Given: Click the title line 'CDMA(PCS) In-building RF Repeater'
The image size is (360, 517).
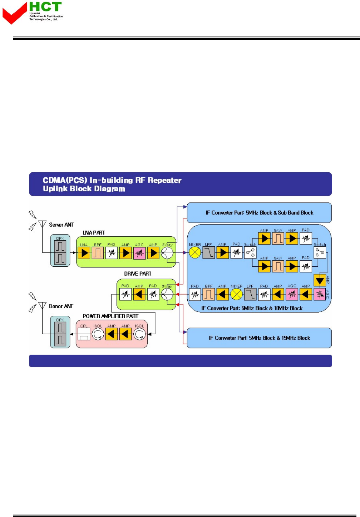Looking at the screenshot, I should pyautogui.click(x=112, y=180).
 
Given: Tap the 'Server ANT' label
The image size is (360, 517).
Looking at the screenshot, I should pyautogui.click(x=61, y=225).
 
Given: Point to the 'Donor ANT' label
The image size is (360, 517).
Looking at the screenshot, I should pyautogui.click(x=61, y=306).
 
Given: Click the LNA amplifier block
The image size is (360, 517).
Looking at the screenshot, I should pyautogui.click(x=84, y=253).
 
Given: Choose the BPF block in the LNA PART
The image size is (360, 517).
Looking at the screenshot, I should pyautogui.click(x=98, y=253).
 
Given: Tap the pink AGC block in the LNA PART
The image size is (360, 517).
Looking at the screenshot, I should pyautogui.click(x=139, y=253).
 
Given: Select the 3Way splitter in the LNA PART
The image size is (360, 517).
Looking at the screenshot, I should pyautogui.click(x=167, y=253).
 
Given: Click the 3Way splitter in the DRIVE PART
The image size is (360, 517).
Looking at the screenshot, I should pyautogui.click(x=167, y=295).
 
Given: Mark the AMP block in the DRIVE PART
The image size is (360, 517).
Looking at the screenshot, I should pyautogui.click(x=139, y=295).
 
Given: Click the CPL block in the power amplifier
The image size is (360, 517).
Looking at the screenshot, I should pyautogui.click(x=84, y=334).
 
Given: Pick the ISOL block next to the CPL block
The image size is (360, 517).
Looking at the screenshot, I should pyautogui.click(x=98, y=334).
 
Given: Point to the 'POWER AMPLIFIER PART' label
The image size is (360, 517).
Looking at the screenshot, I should pyautogui.click(x=110, y=316).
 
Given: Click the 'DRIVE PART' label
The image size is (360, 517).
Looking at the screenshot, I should pyautogui.click(x=138, y=274).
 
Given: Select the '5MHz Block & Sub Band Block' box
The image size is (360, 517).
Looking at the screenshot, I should pyautogui.click(x=259, y=213).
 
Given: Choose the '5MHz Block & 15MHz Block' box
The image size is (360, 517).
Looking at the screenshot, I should pyautogui.click(x=259, y=338).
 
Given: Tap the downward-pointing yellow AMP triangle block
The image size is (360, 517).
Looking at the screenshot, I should pyautogui.click(x=320, y=281).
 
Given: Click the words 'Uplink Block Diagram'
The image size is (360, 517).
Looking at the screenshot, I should pyautogui.click(x=84, y=189).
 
